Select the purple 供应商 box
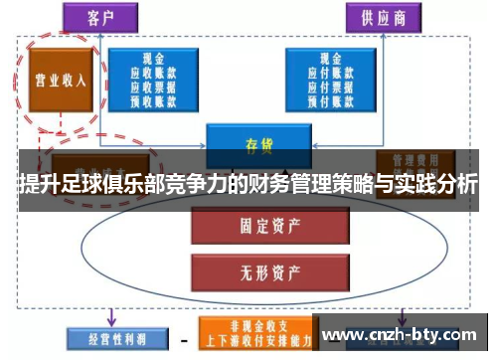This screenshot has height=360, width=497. click(382, 16)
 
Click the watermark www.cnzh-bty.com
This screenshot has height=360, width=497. click(402, 334)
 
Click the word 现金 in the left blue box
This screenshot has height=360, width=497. click(155, 57)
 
